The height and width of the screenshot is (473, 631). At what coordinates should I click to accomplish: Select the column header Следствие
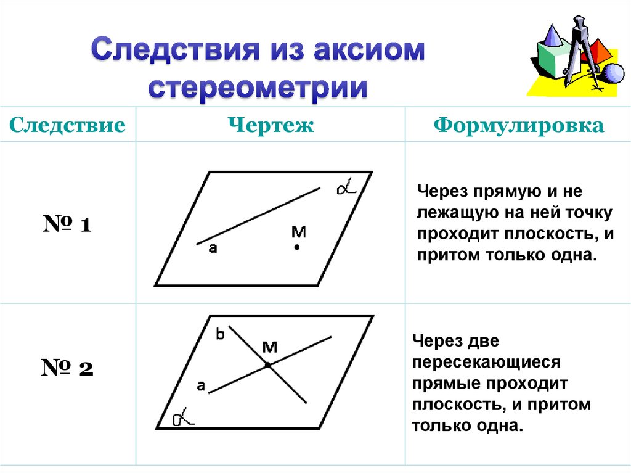coord(68,126)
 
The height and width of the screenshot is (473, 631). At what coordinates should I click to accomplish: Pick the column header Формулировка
coord(518,126)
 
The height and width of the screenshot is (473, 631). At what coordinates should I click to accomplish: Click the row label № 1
coord(67,224)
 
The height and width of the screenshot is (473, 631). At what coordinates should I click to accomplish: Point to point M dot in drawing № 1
coord(296,248)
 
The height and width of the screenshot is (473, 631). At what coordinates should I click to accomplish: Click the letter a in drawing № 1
coord(213,249)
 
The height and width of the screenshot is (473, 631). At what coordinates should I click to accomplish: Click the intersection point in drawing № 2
coord(268,365)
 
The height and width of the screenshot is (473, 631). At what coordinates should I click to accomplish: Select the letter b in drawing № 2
coord(220,335)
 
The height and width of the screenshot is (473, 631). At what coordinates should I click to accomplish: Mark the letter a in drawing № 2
coord(200,387)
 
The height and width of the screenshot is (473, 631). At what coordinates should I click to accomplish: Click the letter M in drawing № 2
coord(270,347)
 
